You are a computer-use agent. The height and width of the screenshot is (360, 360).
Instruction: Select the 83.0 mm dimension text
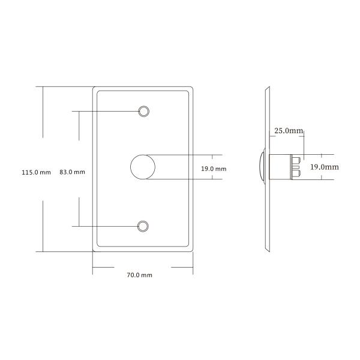[72, 172]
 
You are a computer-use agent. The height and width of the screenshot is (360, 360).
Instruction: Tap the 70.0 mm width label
[139, 275]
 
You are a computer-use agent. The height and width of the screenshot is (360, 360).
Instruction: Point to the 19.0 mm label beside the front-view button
[214, 169]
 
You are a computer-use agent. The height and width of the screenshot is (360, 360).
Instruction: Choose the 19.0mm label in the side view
[325, 167]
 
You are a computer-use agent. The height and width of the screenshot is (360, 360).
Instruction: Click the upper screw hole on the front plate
[143, 111]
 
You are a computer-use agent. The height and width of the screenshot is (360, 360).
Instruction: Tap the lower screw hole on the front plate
[143, 226]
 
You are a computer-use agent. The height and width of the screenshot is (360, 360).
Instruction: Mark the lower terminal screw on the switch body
[297, 174]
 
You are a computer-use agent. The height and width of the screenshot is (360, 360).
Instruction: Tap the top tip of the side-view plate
[266, 89]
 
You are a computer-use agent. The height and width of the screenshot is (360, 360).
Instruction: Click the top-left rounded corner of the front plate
[95, 89]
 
